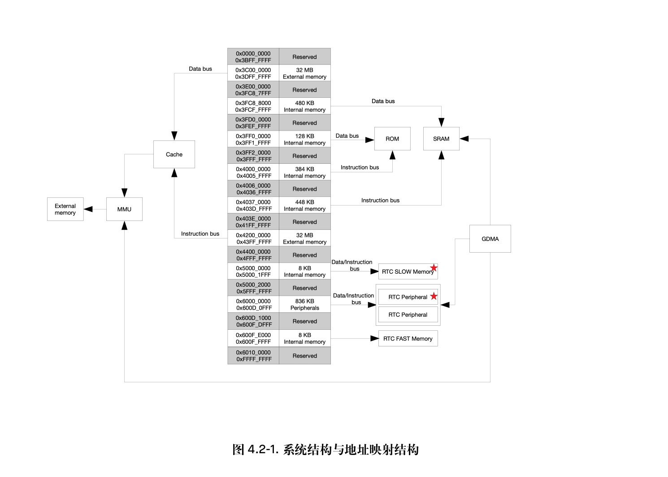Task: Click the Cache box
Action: (x=174, y=154)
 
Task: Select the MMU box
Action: (x=124, y=209)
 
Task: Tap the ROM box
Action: (x=392, y=139)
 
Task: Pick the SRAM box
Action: (x=441, y=139)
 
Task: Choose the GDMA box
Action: (x=490, y=239)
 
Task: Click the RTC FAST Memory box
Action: (x=408, y=338)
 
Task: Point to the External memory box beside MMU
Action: (x=65, y=209)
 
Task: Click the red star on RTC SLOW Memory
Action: (x=434, y=268)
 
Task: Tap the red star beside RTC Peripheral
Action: (x=434, y=296)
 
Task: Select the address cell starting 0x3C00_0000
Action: (x=253, y=73)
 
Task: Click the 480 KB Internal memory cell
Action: (x=305, y=106)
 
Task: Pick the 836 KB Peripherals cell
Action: (x=305, y=305)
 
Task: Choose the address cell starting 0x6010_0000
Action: (x=253, y=355)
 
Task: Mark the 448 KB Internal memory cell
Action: (x=305, y=206)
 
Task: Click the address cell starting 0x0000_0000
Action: (x=253, y=57)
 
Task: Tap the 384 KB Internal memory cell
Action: (x=305, y=172)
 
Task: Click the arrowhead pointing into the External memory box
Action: (x=88, y=209)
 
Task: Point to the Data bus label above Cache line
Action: (x=200, y=69)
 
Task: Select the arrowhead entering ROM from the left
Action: (x=370, y=140)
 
